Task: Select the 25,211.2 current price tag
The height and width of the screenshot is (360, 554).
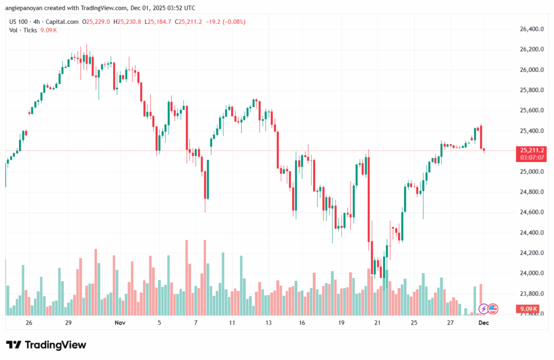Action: pos(531,150)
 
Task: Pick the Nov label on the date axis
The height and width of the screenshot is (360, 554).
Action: pos(120,323)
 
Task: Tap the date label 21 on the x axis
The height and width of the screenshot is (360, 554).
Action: pos(377,323)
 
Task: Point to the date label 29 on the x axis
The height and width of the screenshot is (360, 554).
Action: pos(69,323)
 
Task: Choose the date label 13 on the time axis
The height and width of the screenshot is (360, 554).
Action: pos(268,323)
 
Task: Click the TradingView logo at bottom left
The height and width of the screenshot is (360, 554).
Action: pos(39,345)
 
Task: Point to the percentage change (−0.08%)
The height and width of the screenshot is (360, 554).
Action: pos(233,22)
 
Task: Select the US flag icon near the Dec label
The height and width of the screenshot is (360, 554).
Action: pos(492,309)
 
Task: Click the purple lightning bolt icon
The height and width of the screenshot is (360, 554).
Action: pos(483,309)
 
